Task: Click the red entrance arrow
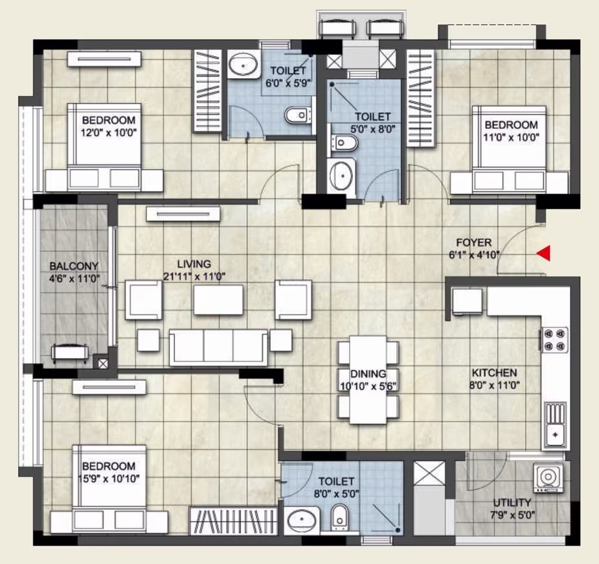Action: pos(543,253)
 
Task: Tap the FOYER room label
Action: pos(474,242)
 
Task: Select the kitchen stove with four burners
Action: pos(554,340)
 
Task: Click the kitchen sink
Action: pos(555,425)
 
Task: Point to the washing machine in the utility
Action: pos(549,478)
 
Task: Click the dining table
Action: pos(368,379)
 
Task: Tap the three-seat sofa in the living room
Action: pos(218,346)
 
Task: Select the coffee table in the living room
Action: pos(218,300)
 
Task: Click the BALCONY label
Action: pos(74,266)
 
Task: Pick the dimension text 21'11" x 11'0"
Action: pos(194,276)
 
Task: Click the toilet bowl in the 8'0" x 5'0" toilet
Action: pos(339,517)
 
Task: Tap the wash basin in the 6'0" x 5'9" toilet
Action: pos(243,64)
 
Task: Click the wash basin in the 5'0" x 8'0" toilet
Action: pos(341,176)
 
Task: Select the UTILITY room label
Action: pos(512,502)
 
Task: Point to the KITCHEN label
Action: pos(494,372)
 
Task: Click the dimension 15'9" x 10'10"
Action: pos(111,478)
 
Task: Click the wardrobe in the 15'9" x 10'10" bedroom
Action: pos(233,521)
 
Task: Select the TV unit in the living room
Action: pos(183,214)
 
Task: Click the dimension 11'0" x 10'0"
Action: pos(511,137)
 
